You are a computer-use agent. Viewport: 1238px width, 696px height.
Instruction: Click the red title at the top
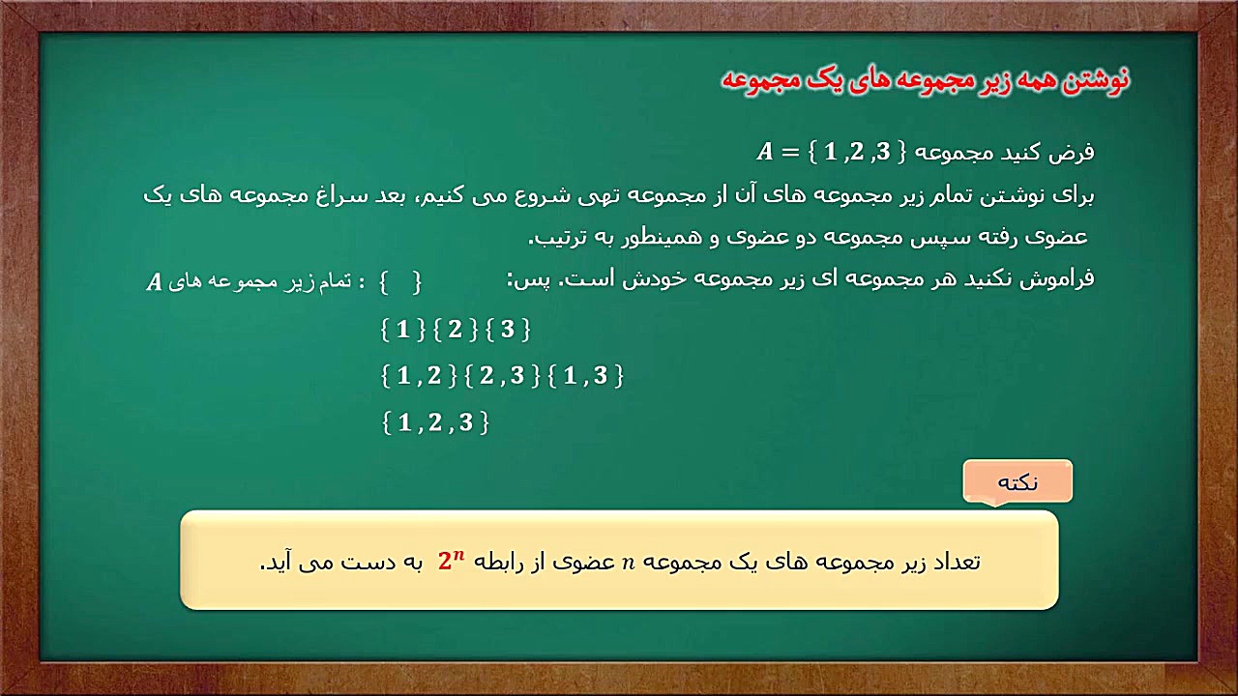click(x=926, y=80)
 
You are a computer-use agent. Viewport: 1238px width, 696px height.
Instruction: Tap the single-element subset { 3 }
click(x=508, y=330)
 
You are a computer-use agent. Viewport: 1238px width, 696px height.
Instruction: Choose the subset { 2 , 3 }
click(x=502, y=376)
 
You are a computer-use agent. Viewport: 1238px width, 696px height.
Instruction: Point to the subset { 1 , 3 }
click(x=586, y=376)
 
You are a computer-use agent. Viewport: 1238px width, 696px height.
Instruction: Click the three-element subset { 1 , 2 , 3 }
click(x=435, y=422)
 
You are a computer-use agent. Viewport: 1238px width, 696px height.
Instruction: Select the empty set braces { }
click(x=398, y=282)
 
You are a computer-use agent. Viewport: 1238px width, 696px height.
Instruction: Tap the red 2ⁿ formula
click(x=452, y=561)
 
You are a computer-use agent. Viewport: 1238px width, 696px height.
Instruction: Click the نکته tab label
click(x=1017, y=482)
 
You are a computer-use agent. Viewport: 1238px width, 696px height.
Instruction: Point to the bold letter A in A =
click(x=766, y=152)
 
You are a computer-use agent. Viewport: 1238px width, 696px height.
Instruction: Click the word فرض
click(x=1074, y=152)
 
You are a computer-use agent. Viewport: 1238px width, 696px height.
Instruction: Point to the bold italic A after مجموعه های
click(x=153, y=283)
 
